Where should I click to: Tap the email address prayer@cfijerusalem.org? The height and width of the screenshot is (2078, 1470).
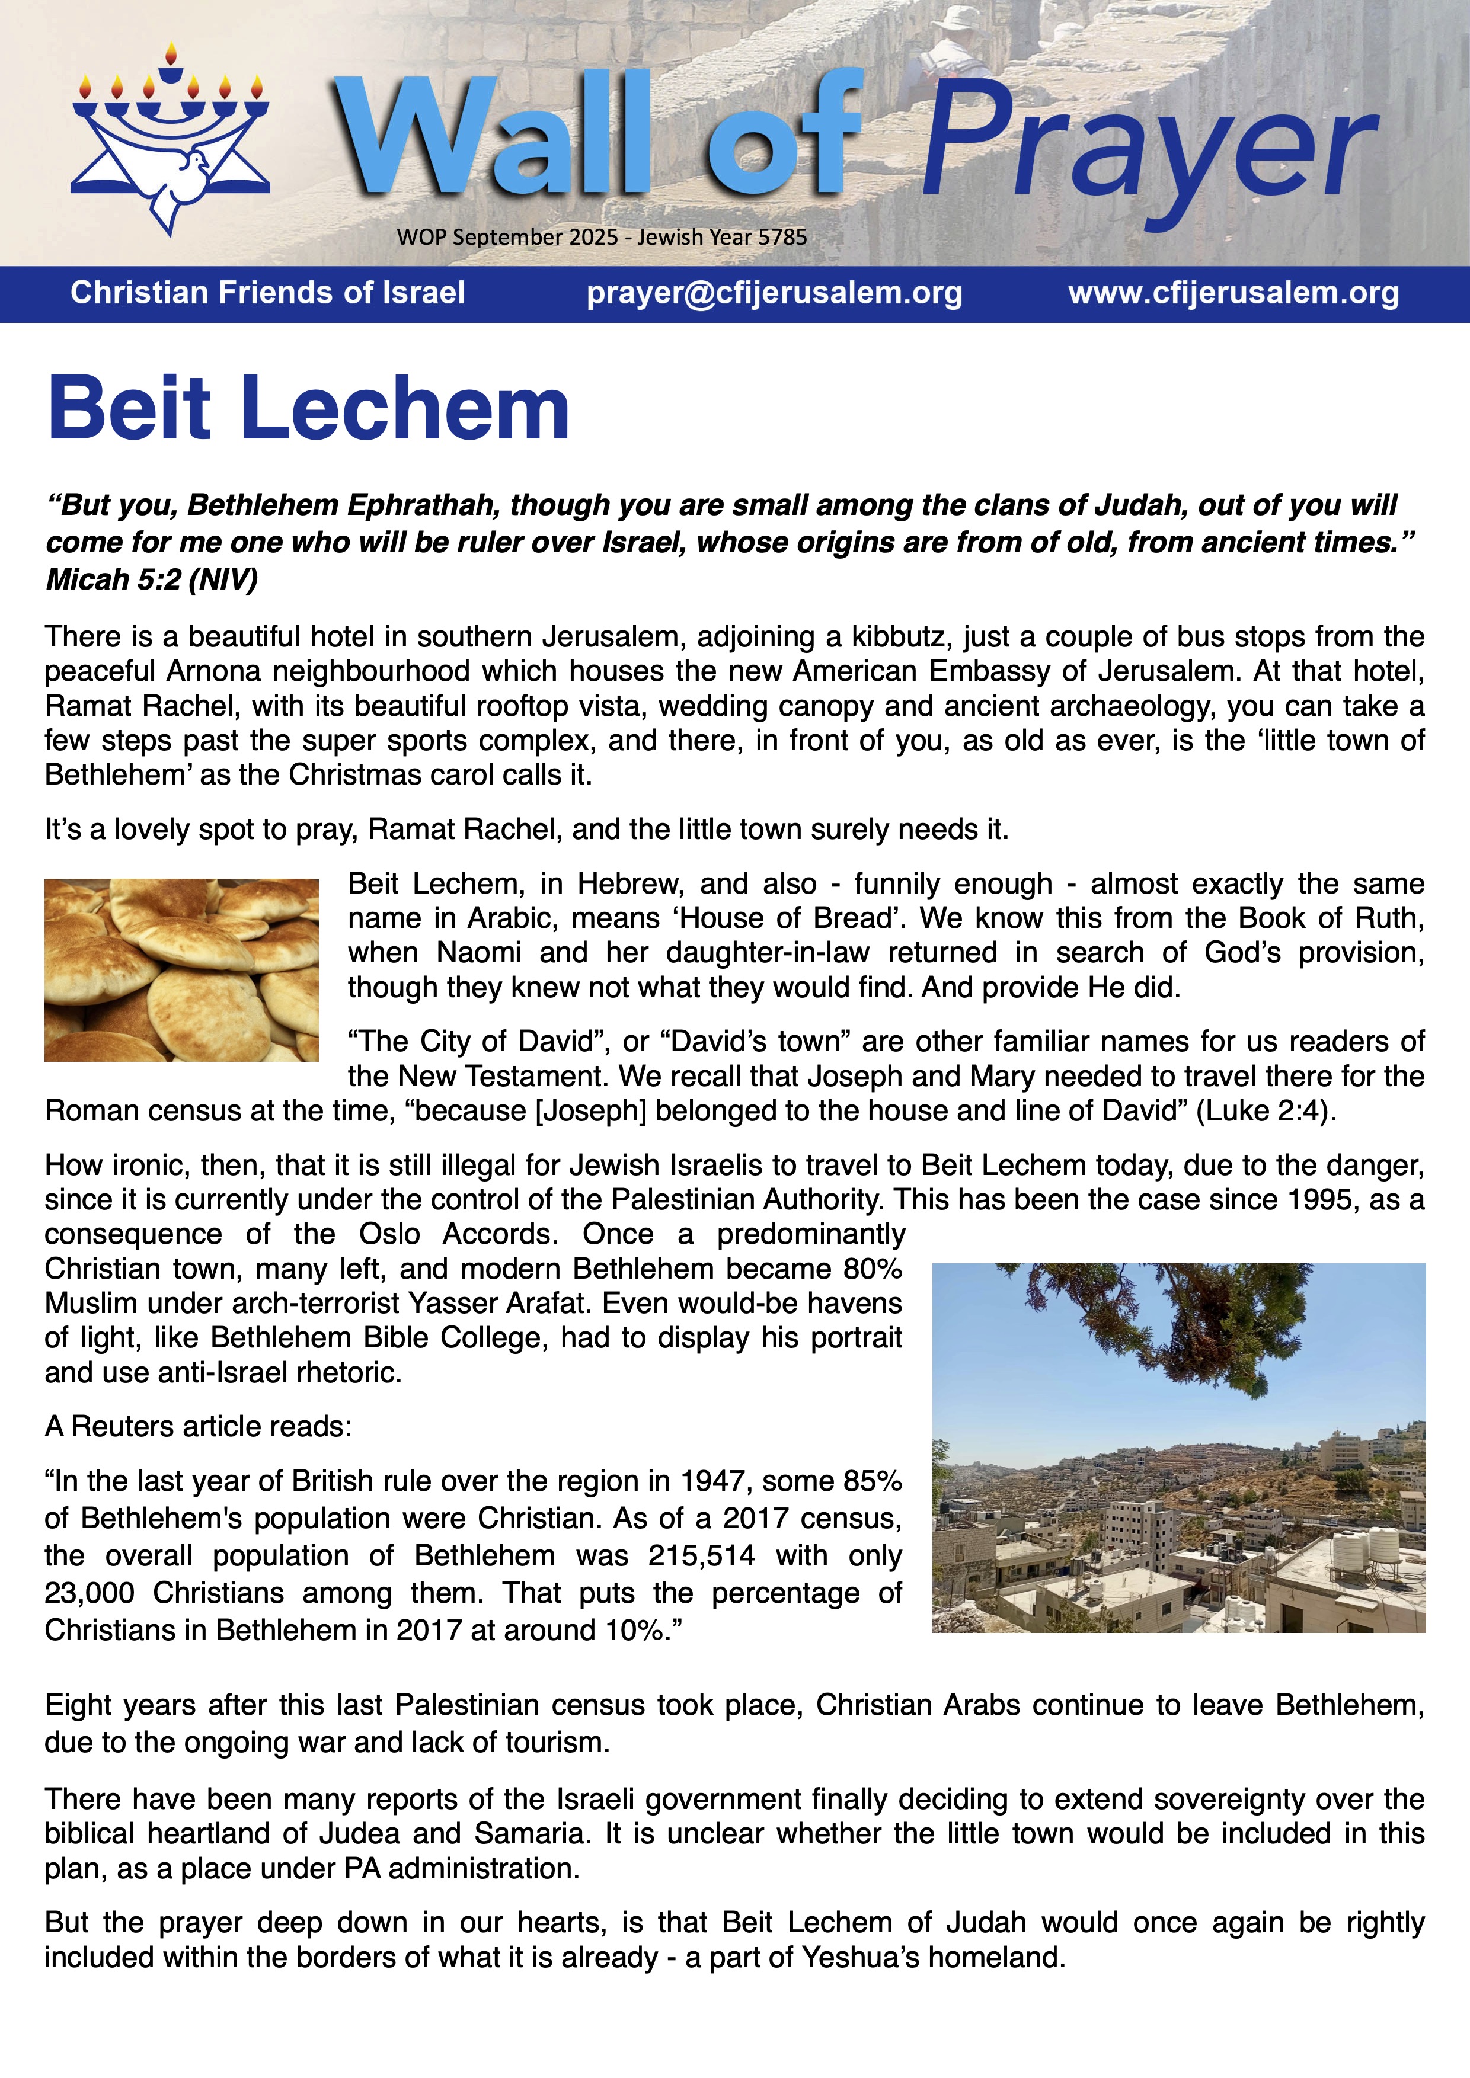(774, 293)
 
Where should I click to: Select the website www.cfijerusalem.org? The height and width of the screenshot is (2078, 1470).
(1233, 293)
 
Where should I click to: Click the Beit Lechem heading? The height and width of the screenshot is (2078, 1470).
(308, 409)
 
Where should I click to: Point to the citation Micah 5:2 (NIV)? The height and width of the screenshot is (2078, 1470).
(152, 579)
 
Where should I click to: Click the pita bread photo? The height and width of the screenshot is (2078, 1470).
(181, 969)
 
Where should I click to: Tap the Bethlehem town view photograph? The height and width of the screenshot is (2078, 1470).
(1178, 1448)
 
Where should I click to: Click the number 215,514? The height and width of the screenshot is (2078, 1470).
(701, 1556)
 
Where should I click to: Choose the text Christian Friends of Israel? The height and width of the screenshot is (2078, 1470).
(268, 293)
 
